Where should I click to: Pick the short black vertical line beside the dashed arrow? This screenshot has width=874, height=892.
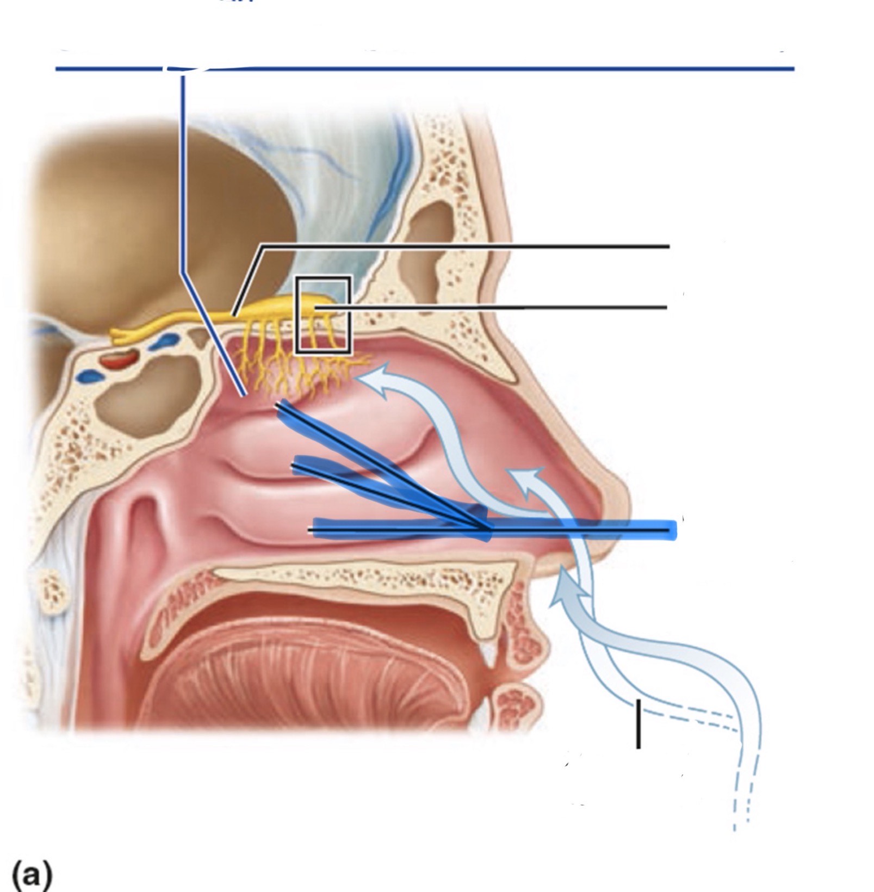(x=638, y=723)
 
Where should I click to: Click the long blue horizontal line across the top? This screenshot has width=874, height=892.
(x=489, y=69)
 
